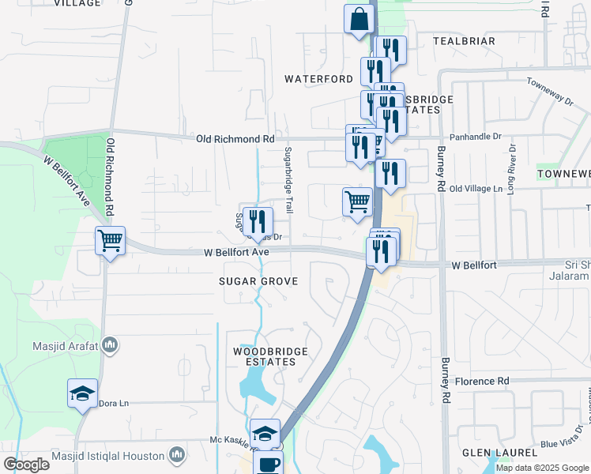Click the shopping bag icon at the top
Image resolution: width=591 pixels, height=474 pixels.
click(x=359, y=19)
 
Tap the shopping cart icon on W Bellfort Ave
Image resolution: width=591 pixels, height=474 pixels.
click(x=110, y=240)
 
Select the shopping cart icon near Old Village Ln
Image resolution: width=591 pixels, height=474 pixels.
click(x=357, y=201)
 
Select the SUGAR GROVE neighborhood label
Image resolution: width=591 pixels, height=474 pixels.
click(x=258, y=281)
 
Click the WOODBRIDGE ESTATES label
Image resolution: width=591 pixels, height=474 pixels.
click(x=265, y=355)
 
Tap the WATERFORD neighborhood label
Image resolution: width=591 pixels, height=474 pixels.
click(x=318, y=79)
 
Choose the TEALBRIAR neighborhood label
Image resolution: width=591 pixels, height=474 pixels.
click(x=464, y=41)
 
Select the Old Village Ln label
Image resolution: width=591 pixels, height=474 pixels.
click(x=476, y=190)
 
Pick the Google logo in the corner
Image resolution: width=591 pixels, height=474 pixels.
click(x=26, y=465)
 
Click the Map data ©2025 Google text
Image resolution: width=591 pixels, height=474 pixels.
click(x=542, y=468)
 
